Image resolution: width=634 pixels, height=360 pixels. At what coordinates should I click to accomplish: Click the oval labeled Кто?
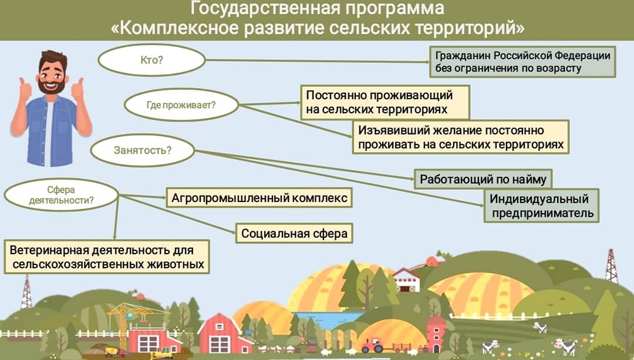[151, 60]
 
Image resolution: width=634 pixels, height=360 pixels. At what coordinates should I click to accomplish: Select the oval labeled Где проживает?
[181, 105]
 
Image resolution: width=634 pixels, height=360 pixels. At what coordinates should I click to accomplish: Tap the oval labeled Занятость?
[142, 150]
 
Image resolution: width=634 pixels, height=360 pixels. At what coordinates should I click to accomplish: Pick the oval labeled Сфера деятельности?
[62, 195]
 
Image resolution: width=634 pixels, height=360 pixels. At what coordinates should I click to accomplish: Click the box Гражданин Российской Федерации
[522, 62]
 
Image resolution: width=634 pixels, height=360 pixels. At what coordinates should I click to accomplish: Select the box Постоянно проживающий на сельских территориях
[385, 102]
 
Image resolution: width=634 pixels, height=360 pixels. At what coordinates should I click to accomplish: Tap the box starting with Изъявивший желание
[461, 137]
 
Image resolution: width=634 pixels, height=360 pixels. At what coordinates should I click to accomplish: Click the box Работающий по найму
[483, 179]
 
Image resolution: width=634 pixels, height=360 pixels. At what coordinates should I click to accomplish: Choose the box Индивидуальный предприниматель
[541, 206]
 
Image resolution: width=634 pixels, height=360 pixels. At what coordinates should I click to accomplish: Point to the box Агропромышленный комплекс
[259, 198]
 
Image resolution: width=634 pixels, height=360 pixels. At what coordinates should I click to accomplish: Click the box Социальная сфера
[294, 233]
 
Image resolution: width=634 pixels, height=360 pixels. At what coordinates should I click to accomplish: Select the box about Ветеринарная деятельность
[107, 257]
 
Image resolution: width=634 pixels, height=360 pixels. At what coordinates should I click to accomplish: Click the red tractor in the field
[372, 345]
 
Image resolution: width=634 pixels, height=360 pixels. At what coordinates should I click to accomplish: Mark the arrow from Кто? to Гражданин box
[318, 61]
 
